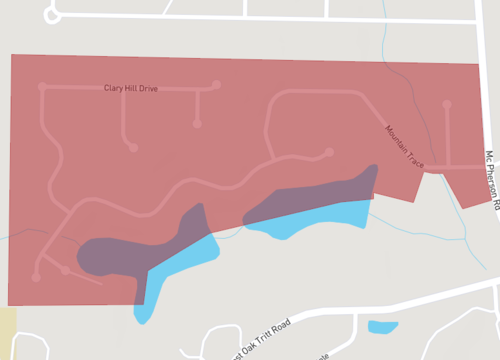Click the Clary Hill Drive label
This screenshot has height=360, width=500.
point(131,88)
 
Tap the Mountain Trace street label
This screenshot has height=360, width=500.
point(405,145)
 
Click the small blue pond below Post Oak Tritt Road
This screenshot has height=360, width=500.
point(382,327)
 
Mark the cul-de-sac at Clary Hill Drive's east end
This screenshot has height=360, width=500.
point(215,85)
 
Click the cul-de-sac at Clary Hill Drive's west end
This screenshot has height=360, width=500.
point(42,87)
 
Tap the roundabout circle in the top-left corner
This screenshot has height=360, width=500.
point(53,15)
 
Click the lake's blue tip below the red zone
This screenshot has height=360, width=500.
point(142,314)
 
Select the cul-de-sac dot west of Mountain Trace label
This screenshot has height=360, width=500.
point(329,152)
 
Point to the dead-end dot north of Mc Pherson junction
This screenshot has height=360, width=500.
point(445,105)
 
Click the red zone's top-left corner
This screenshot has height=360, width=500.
point(11,55)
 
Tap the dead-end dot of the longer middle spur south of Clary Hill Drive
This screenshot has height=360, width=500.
point(132,148)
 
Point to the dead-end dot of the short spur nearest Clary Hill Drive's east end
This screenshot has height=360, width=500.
point(198,123)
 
